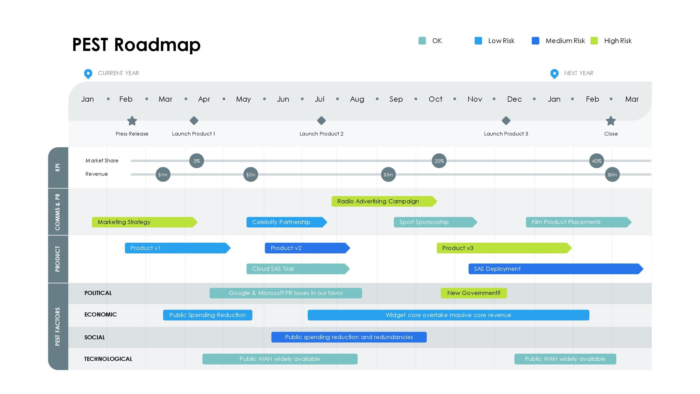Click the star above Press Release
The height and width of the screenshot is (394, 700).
tap(132, 121)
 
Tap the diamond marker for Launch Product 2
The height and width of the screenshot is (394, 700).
tap(321, 121)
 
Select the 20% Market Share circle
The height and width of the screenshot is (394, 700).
tap(439, 161)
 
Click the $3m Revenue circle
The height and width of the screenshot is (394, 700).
tap(388, 175)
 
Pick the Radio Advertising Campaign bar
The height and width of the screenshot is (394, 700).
tap(384, 201)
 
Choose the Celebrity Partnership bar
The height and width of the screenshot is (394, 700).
tap(287, 222)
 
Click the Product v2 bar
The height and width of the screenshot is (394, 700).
tap(307, 248)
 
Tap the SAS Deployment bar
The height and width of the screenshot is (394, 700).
tap(556, 269)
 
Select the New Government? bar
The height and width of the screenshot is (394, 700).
tap(474, 293)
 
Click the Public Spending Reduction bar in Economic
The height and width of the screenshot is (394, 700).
tap(208, 315)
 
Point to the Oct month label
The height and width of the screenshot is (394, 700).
tap(435, 99)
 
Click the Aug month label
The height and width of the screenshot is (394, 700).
tap(357, 99)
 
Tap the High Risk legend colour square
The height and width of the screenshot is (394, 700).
tap(594, 41)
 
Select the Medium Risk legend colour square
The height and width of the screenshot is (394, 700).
tap(535, 41)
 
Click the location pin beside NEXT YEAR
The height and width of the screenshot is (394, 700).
tap(554, 74)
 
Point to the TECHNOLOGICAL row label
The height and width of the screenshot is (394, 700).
tap(108, 359)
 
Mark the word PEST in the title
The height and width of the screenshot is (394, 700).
tap(90, 45)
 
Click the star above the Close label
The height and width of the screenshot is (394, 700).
tap(611, 121)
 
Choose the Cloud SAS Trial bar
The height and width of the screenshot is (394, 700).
tap(298, 269)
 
